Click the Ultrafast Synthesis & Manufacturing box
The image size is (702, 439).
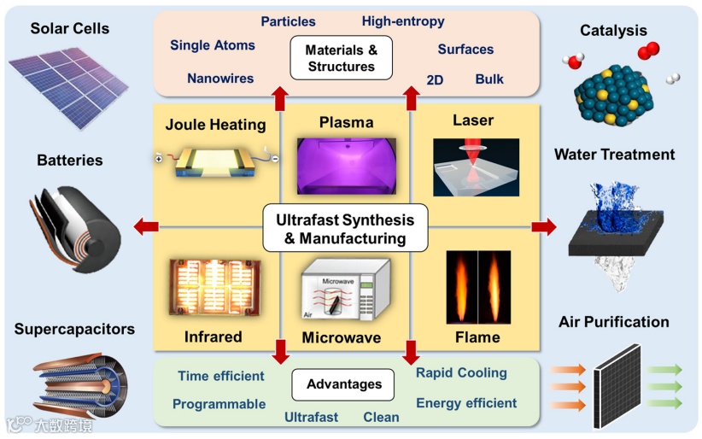(x=345, y=229)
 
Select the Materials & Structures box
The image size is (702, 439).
(x=341, y=57)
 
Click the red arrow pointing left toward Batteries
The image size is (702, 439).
(x=146, y=226)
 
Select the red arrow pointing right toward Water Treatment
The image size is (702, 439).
(x=543, y=226)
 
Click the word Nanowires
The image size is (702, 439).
(x=220, y=79)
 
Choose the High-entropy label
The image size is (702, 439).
(x=403, y=21)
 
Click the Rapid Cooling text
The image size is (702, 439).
(x=461, y=372)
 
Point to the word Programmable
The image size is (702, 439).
(x=219, y=404)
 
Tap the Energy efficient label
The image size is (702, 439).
(x=466, y=403)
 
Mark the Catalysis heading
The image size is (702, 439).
(x=613, y=31)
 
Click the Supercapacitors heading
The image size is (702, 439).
(x=74, y=328)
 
